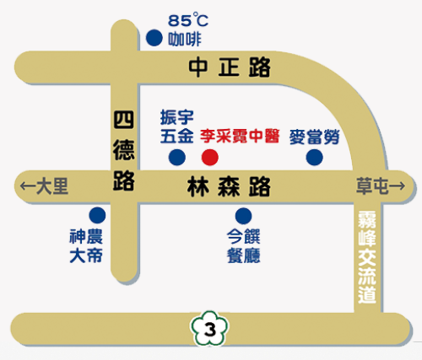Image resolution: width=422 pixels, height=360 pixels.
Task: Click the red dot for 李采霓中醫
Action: (210, 157)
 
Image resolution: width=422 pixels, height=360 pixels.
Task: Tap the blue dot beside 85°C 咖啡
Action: (154, 38)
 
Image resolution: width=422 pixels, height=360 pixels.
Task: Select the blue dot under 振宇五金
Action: (177, 157)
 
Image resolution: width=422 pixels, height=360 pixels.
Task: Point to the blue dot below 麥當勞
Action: (314, 157)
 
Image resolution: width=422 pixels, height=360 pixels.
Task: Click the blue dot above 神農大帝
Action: (98, 215)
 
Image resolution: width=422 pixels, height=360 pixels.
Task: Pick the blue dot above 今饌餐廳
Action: (243, 215)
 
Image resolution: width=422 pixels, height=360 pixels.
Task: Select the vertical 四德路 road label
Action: (125, 150)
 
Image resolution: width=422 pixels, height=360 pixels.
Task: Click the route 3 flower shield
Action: (209, 327)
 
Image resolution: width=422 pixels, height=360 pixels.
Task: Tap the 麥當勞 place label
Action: (313, 135)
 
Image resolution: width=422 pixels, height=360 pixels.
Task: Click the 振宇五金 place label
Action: (177, 125)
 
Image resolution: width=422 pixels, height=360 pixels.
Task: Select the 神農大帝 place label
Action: (86, 244)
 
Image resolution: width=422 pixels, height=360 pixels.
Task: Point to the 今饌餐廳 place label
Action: (243, 244)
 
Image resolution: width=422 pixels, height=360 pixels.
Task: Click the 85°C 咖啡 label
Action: (187, 29)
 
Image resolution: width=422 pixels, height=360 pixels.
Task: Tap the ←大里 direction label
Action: (43, 186)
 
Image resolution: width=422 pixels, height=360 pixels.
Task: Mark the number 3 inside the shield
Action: (209, 328)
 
